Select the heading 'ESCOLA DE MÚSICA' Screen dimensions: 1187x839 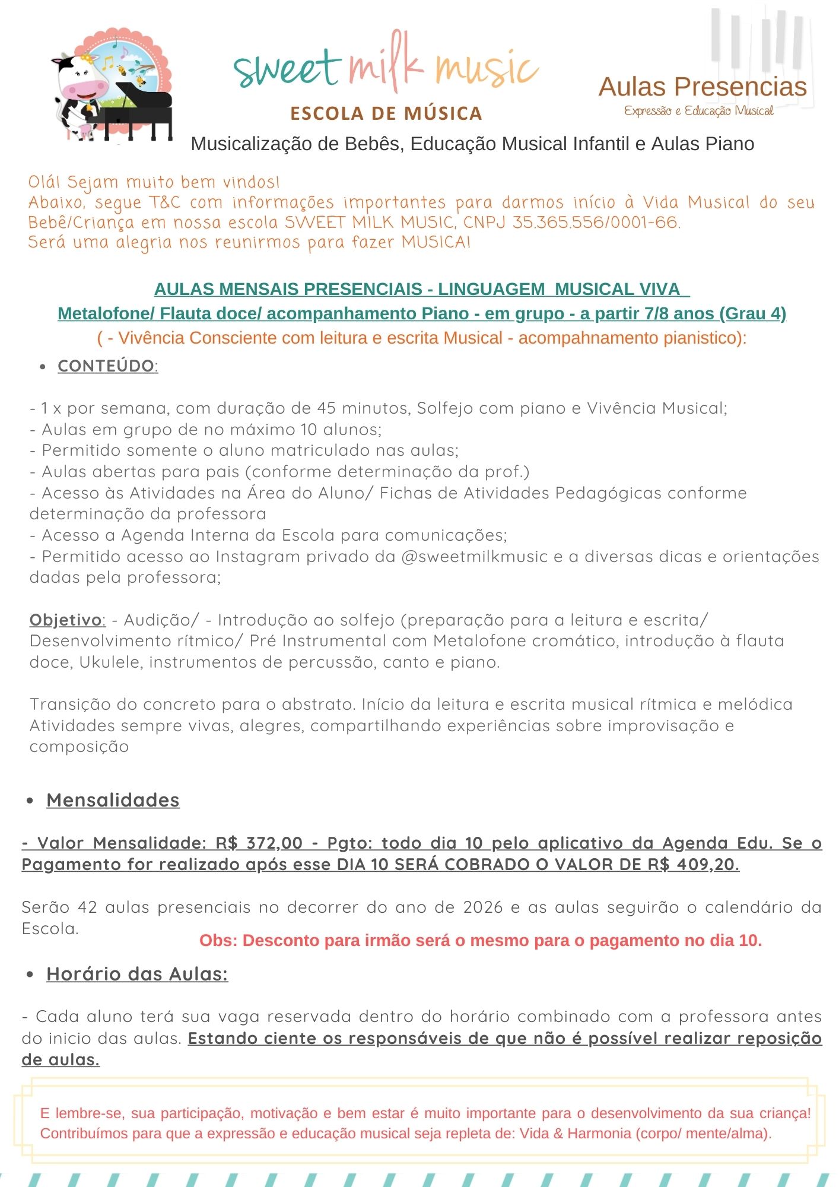coord(386,113)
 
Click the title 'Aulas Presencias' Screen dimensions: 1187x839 coord(703,87)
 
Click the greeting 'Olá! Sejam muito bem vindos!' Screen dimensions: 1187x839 coord(154,182)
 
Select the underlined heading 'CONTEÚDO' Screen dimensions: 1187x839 coord(107,366)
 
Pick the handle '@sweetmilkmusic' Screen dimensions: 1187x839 coord(474,557)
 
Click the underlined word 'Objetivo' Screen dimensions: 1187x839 coord(66,620)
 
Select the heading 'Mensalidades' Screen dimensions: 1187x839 coord(113,800)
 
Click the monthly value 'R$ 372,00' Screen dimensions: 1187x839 coord(259,843)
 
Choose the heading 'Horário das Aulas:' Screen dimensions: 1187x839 coord(137,974)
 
